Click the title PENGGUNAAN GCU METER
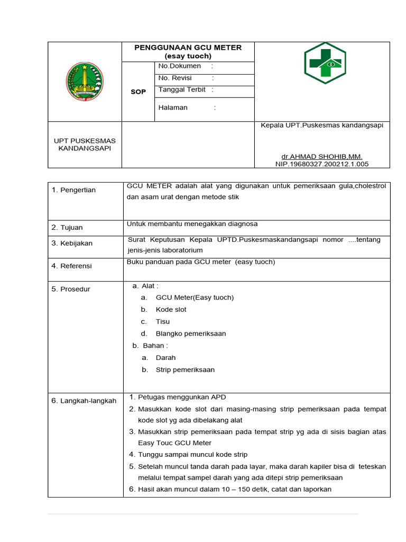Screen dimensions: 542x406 (188, 48)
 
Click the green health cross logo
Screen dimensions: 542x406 (325, 64)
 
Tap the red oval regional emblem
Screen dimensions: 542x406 (85, 82)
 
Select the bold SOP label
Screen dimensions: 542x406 (138, 92)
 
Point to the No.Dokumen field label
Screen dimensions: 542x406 (180, 66)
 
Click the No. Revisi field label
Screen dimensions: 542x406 (175, 78)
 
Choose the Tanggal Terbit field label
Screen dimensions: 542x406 (182, 90)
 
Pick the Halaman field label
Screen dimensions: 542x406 (173, 107)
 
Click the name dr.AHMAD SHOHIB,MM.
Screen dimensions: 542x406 (321, 157)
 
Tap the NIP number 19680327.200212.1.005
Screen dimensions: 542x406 (322, 164)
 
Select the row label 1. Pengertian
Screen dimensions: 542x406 (73, 190)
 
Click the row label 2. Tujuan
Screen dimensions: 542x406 (67, 228)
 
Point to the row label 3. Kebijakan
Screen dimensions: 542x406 (72, 243)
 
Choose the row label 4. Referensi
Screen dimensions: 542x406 (71, 266)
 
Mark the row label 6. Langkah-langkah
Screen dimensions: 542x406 (84, 401)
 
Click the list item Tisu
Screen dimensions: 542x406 (163, 322)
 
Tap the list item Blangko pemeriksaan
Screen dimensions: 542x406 (190, 334)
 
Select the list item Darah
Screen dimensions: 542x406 (165, 358)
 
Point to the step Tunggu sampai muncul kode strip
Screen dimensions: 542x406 (192, 455)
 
